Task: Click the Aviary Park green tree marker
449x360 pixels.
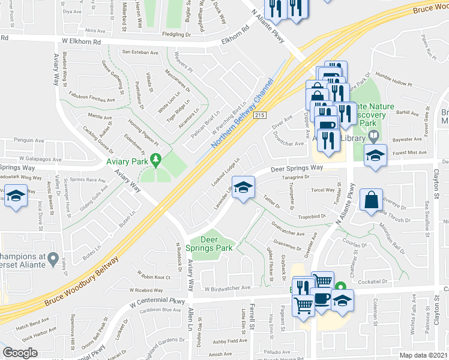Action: tap(157, 160)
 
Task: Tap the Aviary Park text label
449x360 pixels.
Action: tap(126, 161)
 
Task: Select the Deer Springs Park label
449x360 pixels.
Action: tap(216, 244)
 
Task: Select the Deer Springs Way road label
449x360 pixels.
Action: tap(297, 169)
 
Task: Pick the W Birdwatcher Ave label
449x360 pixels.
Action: tap(227, 288)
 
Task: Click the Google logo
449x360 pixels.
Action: tap(20, 353)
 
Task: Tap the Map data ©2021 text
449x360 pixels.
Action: tap(423, 355)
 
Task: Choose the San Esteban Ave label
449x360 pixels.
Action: tap(140, 52)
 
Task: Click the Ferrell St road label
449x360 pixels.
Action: tap(252, 319)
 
